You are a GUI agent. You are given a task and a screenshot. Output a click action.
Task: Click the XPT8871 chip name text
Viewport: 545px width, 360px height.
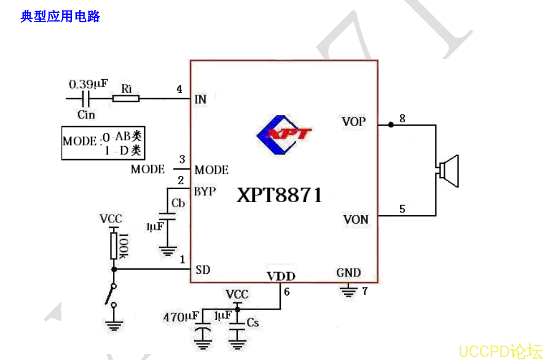(x=280, y=195)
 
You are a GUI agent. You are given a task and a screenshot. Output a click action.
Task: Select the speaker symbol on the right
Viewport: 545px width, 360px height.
(x=449, y=171)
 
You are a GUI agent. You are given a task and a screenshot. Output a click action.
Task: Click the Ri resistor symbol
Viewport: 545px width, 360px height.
(x=126, y=98)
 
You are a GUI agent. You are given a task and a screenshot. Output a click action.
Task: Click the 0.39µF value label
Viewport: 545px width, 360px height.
(x=88, y=83)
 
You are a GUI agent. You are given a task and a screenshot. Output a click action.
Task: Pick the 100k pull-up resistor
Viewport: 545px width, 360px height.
(x=114, y=246)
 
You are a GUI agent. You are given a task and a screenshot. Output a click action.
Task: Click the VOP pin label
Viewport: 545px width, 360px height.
(x=353, y=122)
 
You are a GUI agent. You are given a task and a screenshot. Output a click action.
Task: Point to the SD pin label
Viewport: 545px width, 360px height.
(x=203, y=269)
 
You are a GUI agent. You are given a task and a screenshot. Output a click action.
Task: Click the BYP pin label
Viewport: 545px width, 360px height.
(x=205, y=192)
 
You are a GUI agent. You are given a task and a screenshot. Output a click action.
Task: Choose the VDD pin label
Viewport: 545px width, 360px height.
(x=281, y=276)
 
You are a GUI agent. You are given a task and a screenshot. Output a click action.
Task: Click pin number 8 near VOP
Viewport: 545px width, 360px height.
(x=402, y=119)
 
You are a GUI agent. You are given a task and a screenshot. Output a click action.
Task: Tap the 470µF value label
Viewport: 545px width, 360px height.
(x=180, y=317)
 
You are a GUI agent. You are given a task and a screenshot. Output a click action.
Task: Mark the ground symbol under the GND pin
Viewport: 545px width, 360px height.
(x=348, y=289)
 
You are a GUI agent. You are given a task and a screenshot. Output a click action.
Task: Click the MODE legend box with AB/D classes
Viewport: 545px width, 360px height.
(x=106, y=143)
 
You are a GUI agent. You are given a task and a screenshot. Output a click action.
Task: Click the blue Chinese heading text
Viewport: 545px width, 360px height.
(x=60, y=17)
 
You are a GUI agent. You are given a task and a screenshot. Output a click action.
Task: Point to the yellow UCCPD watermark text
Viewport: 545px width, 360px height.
(x=500, y=351)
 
